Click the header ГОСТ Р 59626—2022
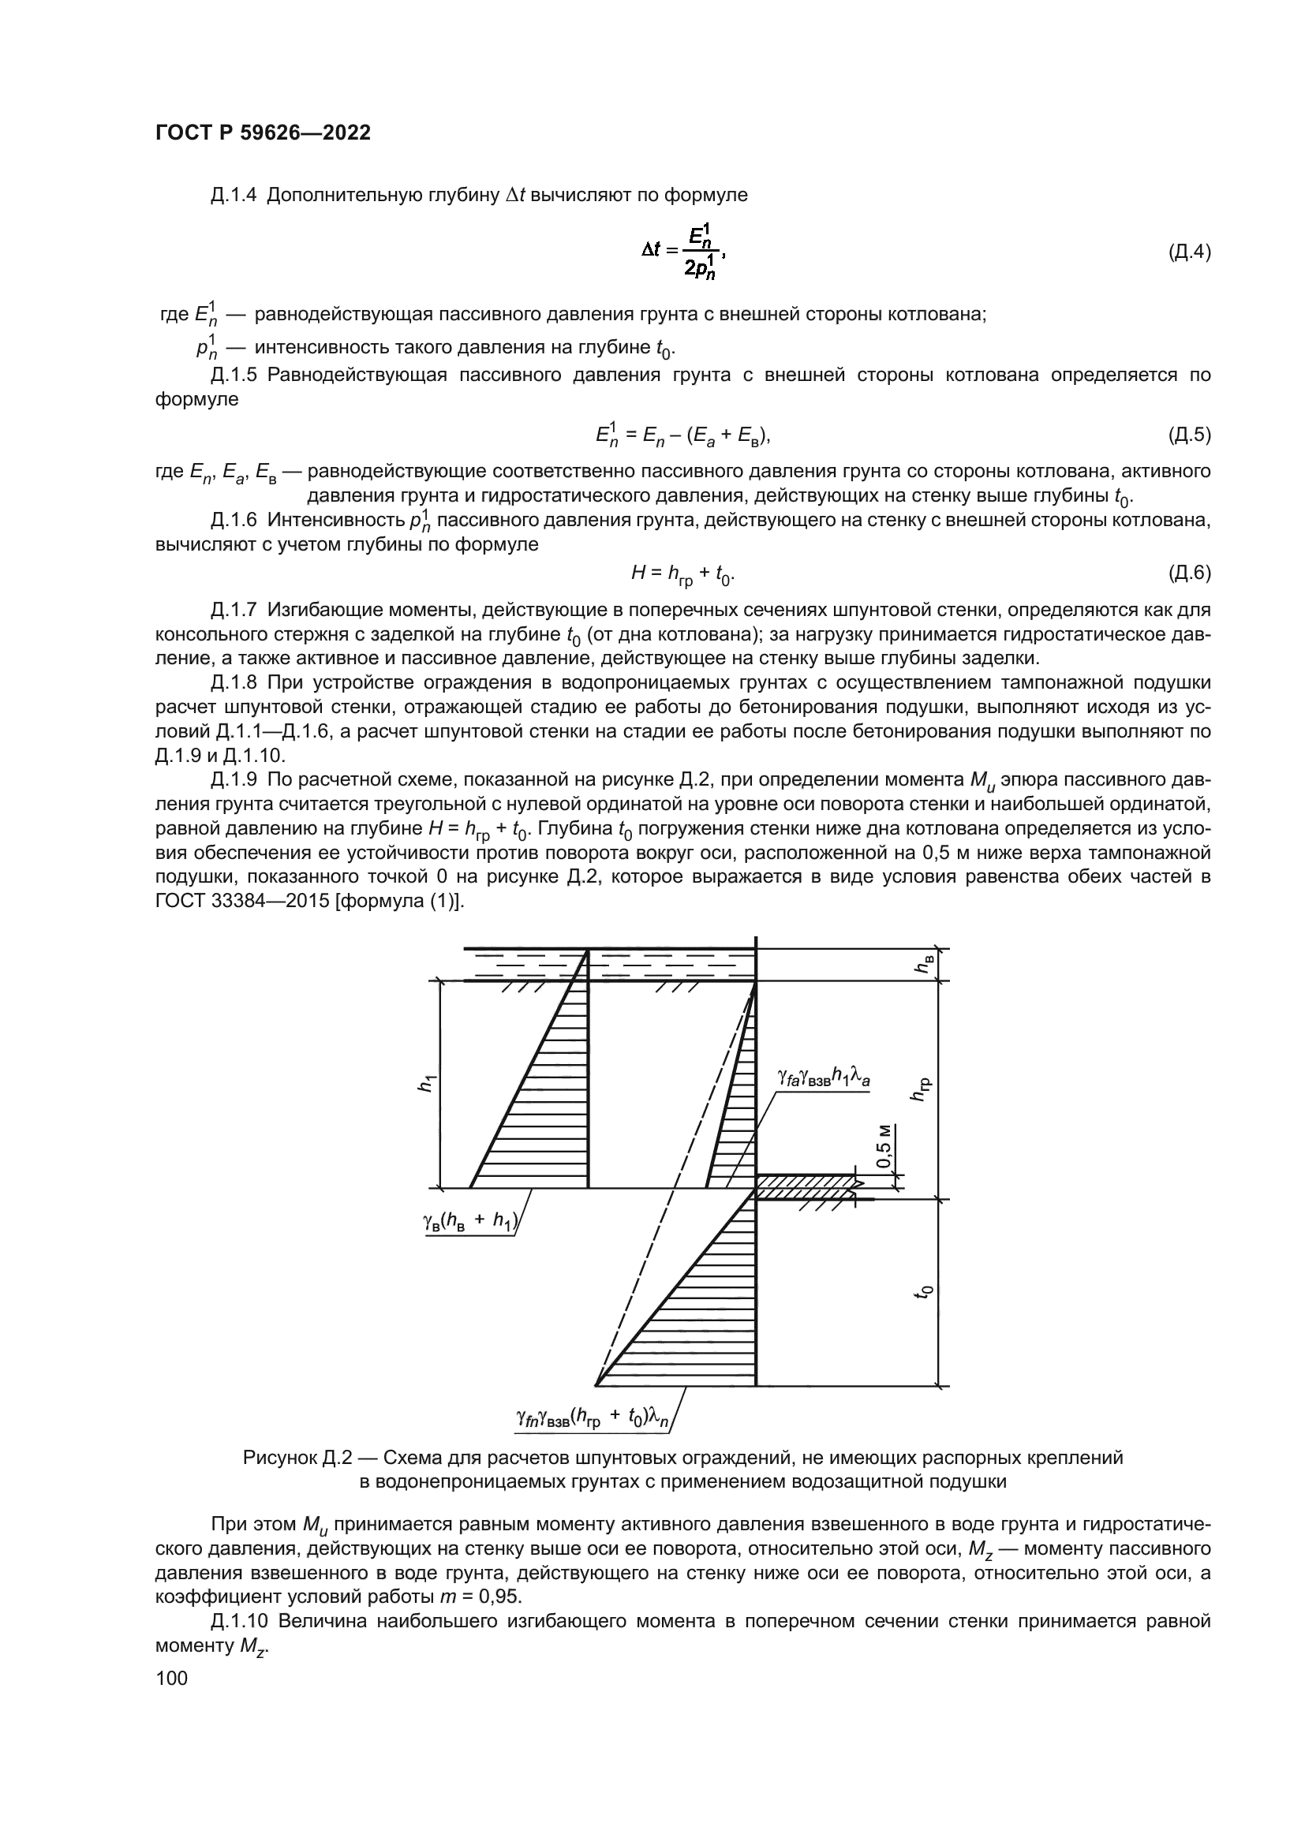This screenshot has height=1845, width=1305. click(x=263, y=133)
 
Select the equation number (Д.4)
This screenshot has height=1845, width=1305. click(x=1188, y=252)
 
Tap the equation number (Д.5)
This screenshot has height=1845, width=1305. click(x=1188, y=435)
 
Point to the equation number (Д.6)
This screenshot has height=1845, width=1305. click(x=1188, y=573)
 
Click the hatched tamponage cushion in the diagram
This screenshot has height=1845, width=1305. click(x=803, y=1187)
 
